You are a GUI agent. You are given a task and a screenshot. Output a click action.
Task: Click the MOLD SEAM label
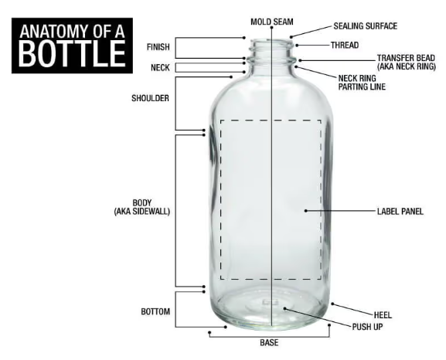[271, 22]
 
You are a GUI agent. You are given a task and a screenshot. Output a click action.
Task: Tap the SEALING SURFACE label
[365, 26]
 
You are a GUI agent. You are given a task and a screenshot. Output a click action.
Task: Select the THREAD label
[345, 46]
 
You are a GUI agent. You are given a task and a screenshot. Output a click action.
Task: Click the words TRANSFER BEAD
[406, 58]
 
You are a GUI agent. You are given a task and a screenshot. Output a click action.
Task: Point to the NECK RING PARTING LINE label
[362, 83]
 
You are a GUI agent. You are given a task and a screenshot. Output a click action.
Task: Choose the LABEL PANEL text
[400, 212]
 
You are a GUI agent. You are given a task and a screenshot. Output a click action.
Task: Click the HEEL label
[383, 315]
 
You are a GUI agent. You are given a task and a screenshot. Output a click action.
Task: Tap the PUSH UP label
[367, 327]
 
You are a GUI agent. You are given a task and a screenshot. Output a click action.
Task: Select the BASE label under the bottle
[269, 343]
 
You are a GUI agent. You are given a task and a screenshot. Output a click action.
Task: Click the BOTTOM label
[155, 311]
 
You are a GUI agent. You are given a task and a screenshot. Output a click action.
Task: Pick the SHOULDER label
[150, 98]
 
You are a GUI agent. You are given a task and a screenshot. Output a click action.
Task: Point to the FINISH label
[158, 47]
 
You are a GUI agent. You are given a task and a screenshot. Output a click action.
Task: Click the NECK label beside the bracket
[160, 68]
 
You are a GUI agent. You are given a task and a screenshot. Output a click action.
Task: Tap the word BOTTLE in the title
[72, 54]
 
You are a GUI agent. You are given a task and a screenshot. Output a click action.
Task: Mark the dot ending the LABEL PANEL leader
[306, 211]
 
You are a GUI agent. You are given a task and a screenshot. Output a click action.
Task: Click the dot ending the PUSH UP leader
[284, 308]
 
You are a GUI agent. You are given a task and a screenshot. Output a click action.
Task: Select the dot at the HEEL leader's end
[332, 304]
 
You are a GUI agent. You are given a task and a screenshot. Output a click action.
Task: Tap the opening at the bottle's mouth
[271, 42]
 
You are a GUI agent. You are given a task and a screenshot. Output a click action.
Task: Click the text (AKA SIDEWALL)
[142, 212]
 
